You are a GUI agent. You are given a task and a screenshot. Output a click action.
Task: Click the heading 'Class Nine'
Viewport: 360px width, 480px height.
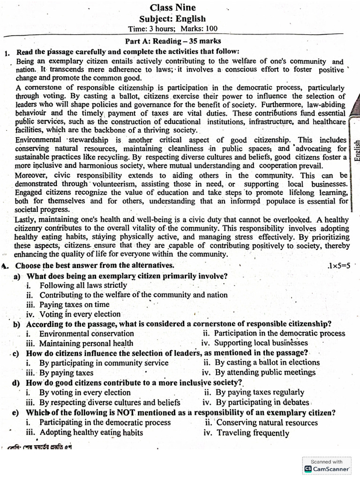point(172,7)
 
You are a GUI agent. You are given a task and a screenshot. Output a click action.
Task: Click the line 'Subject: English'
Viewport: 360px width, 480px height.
point(172,19)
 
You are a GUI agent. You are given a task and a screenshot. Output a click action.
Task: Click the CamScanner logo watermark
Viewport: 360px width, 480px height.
point(327,468)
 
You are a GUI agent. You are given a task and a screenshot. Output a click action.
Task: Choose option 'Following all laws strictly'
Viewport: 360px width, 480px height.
point(83,285)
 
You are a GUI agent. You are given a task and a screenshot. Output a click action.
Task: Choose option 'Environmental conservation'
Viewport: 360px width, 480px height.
point(86,333)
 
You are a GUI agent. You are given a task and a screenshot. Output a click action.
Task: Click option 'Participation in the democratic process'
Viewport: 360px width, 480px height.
point(279,333)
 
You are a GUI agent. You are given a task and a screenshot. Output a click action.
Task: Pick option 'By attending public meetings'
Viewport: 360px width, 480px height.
point(265,372)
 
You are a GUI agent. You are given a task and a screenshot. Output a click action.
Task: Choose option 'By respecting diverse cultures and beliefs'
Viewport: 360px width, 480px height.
point(110,402)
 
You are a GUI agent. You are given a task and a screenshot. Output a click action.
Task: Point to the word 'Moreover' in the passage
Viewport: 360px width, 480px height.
point(30,175)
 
